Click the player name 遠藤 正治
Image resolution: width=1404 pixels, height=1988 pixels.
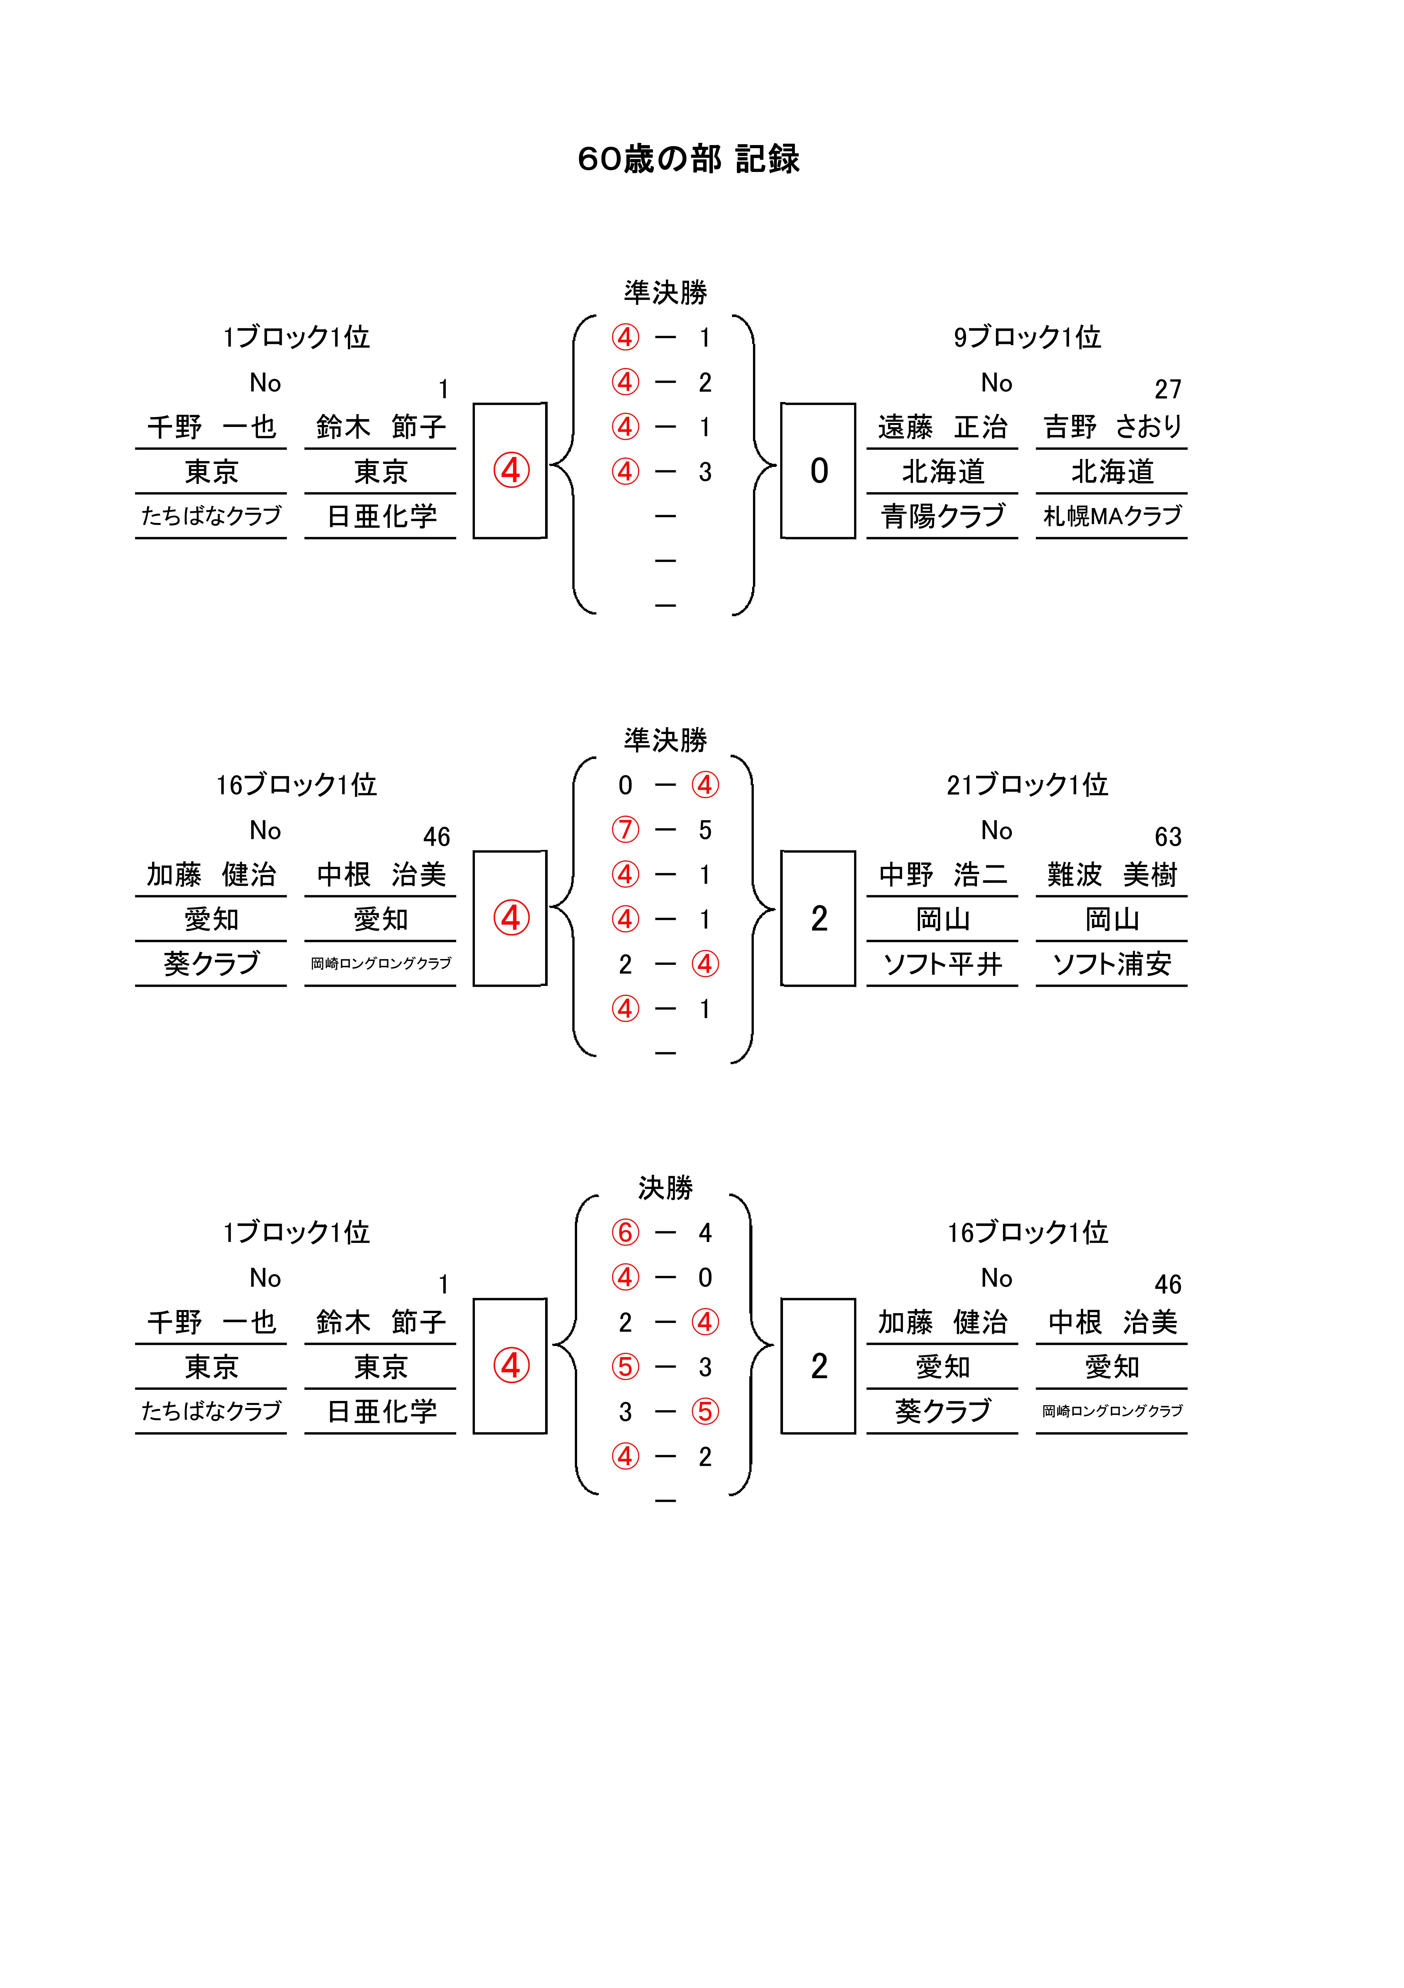(943, 427)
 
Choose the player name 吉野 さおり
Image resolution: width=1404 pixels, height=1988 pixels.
(1112, 427)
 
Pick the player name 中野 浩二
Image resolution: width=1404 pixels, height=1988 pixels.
(943, 875)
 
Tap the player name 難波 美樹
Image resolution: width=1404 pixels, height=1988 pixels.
(1112, 875)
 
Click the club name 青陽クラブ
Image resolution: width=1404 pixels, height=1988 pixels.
(943, 516)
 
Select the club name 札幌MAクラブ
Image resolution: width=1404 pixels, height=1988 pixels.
(1112, 516)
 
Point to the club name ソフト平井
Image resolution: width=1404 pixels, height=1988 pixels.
(943, 964)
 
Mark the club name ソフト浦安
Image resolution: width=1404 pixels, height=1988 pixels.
(1112, 964)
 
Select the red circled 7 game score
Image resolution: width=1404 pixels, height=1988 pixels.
(625, 830)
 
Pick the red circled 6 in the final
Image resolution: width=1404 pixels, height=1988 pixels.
(625, 1232)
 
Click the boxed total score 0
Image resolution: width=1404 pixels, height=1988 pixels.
(819, 471)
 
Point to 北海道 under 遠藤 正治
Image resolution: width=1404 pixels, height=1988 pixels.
(943, 472)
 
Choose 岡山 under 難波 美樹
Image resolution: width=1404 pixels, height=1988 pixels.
(1112, 920)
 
